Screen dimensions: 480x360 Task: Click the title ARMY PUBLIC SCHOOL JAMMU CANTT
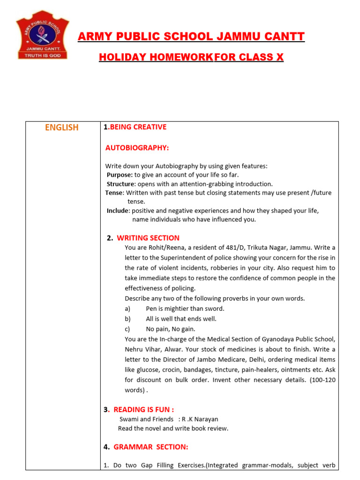coord(191,37)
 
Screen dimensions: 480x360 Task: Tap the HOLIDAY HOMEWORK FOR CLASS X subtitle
coord(191,57)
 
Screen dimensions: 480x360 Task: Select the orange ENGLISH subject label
coord(62,127)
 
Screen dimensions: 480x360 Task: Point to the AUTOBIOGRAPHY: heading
coord(137,148)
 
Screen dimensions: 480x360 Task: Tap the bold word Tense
coord(114,193)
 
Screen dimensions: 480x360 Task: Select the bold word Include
coord(118,211)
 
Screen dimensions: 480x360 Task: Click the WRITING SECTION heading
coord(148,238)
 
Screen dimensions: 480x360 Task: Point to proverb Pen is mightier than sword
coord(185,308)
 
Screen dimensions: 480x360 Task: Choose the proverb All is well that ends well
coord(181,319)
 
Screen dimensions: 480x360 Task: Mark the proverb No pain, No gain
coord(171,329)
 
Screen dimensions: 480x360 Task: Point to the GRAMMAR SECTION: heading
coord(150,447)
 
